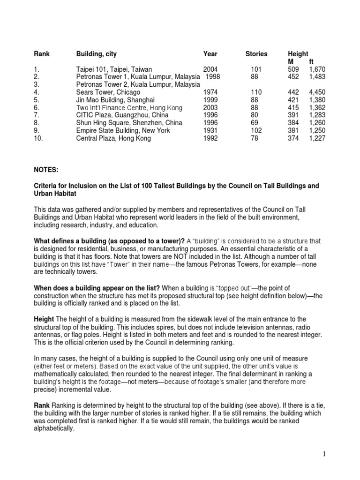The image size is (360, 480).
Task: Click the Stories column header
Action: [x=256, y=54]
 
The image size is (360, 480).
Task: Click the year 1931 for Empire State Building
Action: [x=210, y=131]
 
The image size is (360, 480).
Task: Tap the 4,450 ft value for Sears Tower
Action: [x=317, y=92]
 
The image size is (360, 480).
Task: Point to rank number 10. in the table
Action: [x=38, y=138]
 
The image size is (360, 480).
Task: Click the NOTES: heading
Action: [x=46, y=168]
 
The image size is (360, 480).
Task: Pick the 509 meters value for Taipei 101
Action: [x=292, y=69]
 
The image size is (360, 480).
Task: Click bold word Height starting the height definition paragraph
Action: [x=44, y=318]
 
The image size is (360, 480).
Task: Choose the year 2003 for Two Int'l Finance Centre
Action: [x=210, y=108]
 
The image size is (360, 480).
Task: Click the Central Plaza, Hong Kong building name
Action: [x=113, y=138]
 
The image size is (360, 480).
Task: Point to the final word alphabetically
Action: [x=54, y=428]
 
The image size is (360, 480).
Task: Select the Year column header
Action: [x=210, y=54]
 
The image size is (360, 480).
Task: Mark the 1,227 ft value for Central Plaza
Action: [x=317, y=138]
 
